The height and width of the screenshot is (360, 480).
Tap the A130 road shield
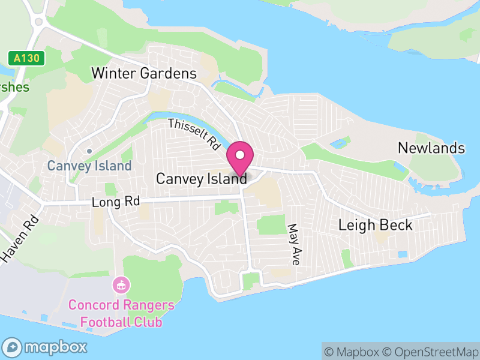(26, 58)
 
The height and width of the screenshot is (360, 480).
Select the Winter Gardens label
(144, 74)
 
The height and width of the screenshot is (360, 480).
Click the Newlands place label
(431, 148)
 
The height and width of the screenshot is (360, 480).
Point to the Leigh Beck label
(376, 225)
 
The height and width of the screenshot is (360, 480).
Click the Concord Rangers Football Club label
(121, 313)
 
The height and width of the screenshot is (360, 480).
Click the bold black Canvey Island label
(201, 179)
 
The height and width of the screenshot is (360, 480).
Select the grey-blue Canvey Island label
(89, 166)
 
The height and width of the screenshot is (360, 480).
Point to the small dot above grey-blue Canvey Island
(89, 151)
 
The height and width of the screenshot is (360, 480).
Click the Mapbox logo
(46, 347)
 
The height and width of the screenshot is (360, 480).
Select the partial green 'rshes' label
(13, 87)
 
